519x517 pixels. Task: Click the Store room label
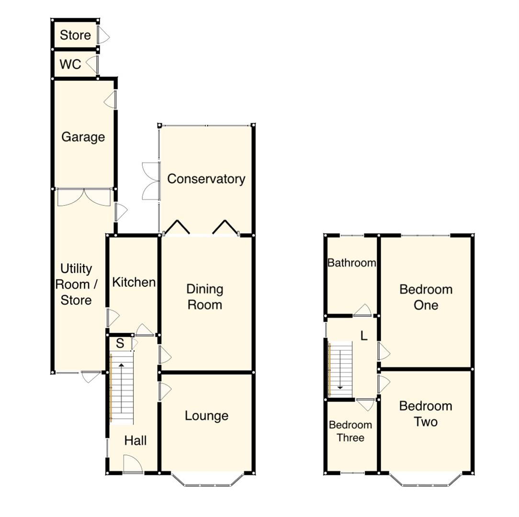pyautogui.click(x=75, y=35)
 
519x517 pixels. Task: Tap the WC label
pyautogui.click(x=70, y=64)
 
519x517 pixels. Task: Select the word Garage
pyautogui.click(x=83, y=137)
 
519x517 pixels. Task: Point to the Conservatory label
pyautogui.click(x=206, y=179)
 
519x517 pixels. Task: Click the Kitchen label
pyautogui.click(x=134, y=282)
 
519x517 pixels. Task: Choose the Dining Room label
pyautogui.click(x=204, y=297)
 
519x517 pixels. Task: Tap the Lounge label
pyautogui.click(x=206, y=416)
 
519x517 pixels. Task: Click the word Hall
pyautogui.click(x=135, y=440)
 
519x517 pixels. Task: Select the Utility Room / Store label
pyautogui.click(x=77, y=284)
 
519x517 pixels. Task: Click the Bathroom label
pyautogui.click(x=351, y=263)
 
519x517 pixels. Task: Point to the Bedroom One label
pyautogui.click(x=426, y=297)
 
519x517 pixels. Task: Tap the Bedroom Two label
pyautogui.click(x=426, y=414)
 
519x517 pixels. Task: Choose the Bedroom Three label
pyautogui.click(x=350, y=431)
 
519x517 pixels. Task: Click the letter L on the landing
pyautogui.click(x=364, y=336)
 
